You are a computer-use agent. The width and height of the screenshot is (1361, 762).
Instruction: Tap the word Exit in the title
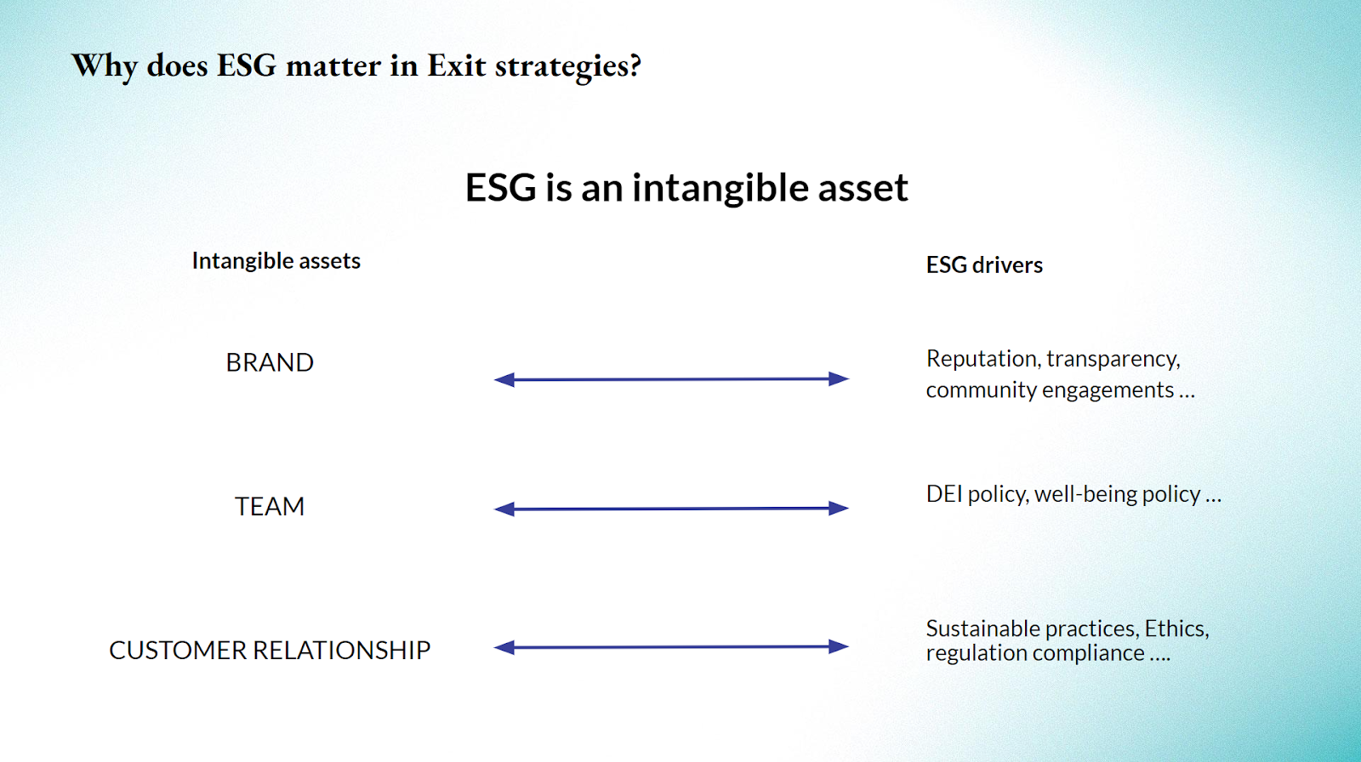point(456,65)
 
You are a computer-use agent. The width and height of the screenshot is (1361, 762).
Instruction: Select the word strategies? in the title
point(568,67)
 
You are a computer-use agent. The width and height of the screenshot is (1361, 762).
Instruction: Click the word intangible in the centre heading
point(720,188)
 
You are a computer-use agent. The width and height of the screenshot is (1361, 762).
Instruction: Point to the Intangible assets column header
point(276,261)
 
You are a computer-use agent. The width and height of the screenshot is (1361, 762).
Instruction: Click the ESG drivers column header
point(984,265)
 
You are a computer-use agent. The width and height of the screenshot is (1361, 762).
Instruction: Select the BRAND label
point(270,363)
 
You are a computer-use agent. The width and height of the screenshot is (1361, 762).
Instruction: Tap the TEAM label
point(270,506)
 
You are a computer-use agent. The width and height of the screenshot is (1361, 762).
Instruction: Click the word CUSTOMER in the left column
point(178,651)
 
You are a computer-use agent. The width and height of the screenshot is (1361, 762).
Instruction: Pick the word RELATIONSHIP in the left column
point(341,651)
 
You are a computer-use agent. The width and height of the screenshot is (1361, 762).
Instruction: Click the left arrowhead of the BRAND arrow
point(504,380)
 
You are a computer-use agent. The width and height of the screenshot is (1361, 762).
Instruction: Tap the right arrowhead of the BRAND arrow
point(839,378)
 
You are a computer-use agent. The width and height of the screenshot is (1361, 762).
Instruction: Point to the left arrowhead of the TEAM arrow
point(504,509)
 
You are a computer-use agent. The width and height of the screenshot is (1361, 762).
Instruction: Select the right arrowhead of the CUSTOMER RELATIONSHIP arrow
point(839,646)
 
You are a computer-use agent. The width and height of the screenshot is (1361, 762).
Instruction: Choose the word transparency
point(1113,359)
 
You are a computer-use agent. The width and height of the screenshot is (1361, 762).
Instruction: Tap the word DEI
point(944,494)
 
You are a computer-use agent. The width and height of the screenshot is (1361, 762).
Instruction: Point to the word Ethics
point(1177,629)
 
